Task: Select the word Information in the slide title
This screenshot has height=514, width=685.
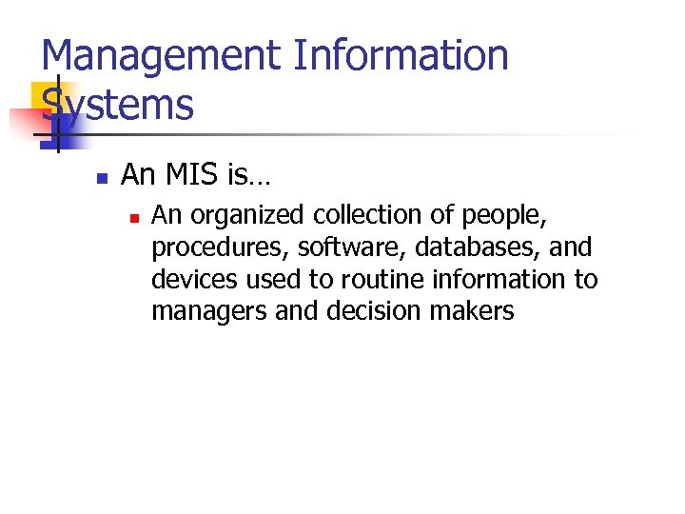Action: tap(401, 57)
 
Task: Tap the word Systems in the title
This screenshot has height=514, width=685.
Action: tap(118, 105)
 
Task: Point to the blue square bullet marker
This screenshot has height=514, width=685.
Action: tap(102, 177)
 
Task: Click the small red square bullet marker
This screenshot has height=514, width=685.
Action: tap(134, 218)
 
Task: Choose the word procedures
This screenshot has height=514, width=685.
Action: tap(220, 248)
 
